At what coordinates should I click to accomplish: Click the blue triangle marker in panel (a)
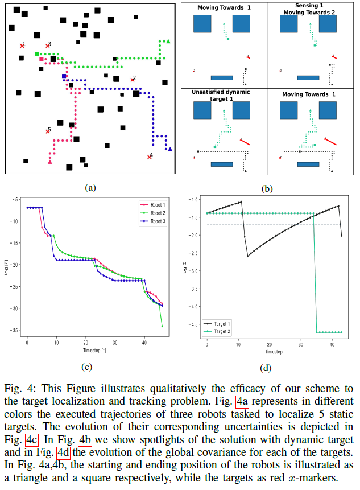pyautogui.click(x=170, y=149)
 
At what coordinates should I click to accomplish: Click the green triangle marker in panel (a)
pyautogui.click(x=168, y=42)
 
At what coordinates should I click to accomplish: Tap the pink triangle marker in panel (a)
pyautogui.click(x=50, y=163)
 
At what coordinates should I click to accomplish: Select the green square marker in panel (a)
pyautogui.click(x=37, y=54)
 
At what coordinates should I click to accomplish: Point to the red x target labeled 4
pyautogui.click(x=150, y=157)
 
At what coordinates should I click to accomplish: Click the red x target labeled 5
pyautogui.click(x=48, y=131)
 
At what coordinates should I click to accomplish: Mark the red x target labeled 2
pyautogui.click(x=132, y=80)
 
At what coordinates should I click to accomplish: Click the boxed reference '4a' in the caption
pyautogui.click(x=243, y=402)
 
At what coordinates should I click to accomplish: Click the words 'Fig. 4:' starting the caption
pyautogui.click(x=16, y=389)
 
